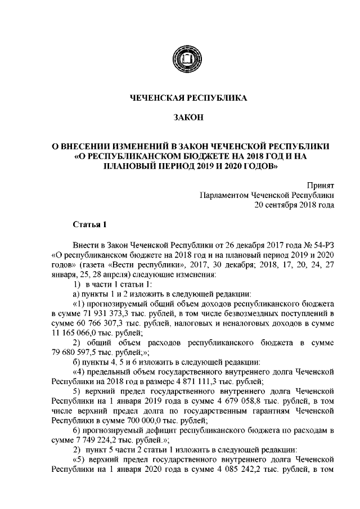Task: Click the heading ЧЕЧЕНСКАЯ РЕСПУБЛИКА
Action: point(180,98)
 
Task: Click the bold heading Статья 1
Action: point(89,225)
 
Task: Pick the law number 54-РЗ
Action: point(322,245)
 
